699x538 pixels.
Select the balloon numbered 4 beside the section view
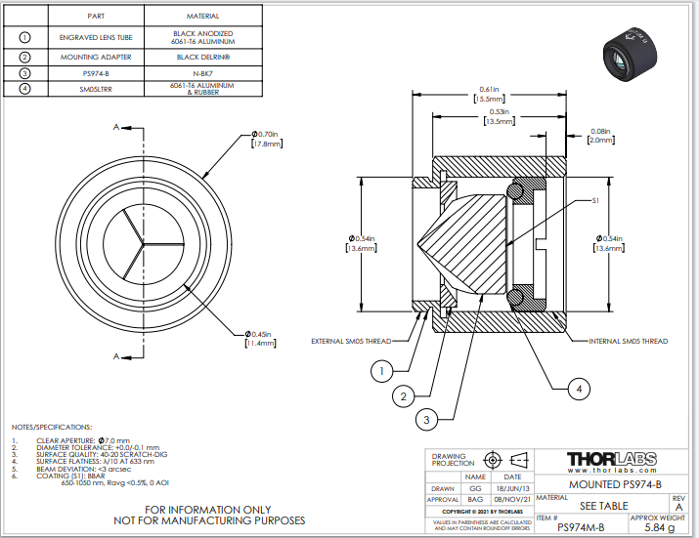(x=580, y=389)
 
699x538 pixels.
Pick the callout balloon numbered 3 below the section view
(x=424, y=419)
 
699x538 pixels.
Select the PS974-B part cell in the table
(x=96, y=72)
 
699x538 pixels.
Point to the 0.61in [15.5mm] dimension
(x=490, y=95)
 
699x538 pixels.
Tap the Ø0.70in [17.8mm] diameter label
(x=265, y=139)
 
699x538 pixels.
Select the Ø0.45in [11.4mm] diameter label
(x=263, y=339)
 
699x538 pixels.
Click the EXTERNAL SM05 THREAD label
(x=351, y=341)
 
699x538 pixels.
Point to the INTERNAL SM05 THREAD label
(x=629, y=341)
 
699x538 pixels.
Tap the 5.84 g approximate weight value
(x=660, y=527)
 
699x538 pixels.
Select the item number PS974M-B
(x=580, y=527)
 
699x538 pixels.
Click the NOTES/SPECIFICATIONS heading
(x=52, y=428)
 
